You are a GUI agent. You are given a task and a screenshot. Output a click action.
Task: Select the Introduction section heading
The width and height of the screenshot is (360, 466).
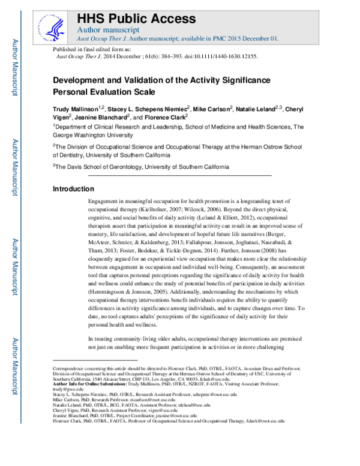[74, 189]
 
